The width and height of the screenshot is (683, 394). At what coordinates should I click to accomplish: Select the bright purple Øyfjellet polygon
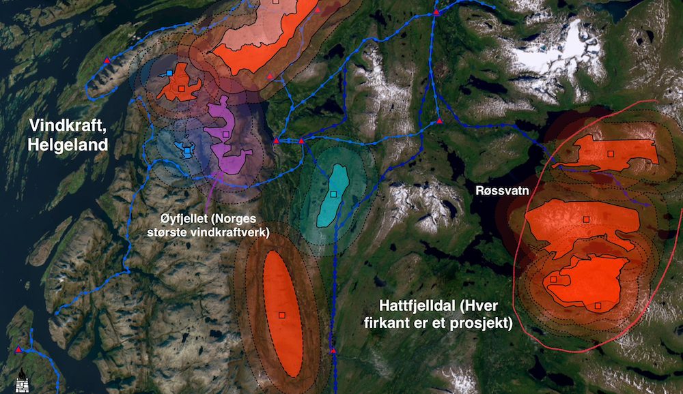(229, 140)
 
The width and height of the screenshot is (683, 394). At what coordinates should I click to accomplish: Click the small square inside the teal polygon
(333, 194)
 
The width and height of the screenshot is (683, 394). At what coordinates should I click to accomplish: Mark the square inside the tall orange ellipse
(281, 314)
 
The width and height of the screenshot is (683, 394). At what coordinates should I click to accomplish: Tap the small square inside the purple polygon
(226, 134)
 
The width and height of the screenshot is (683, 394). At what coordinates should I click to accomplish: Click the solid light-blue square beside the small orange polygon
(169, 72)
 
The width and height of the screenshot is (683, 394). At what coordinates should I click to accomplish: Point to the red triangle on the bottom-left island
(18, 350)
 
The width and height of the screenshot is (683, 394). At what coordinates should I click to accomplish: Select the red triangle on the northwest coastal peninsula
(107, 61)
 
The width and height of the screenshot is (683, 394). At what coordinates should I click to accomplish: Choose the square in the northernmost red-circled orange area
(611, 153)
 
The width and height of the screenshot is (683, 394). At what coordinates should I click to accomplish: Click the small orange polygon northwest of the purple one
(179, 83)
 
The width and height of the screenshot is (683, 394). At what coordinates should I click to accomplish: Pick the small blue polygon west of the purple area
(184, 148)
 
